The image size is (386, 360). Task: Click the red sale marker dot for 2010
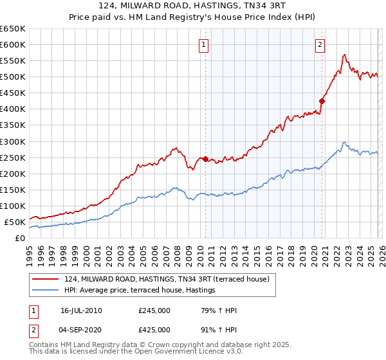pos(206,159)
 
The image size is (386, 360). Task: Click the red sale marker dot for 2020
pos(322,100)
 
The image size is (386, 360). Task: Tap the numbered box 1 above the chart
pos(203,44)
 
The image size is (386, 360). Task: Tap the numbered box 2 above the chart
pos(320,44)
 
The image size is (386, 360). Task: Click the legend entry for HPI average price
pos(139,291)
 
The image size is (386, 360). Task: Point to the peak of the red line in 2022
pos(345,55)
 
